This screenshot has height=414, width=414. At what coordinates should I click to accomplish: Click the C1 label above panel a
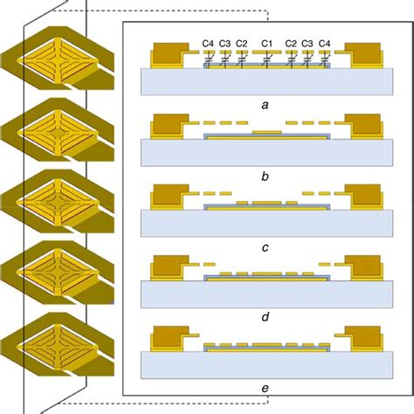click(x=268, y=43)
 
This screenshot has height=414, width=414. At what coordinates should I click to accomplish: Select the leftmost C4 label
click(x=208, y=43)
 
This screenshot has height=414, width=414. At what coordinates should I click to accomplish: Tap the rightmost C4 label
click(x=324, y=43)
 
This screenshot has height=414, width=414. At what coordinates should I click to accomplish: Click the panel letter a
click(x=265, y=103)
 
